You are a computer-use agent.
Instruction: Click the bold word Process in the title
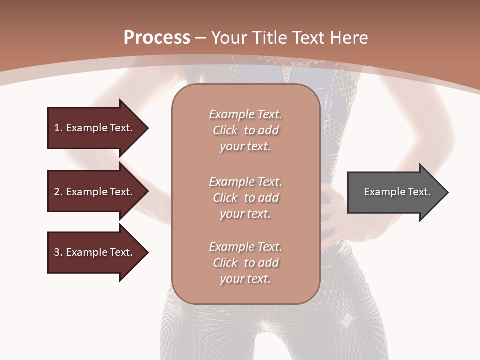[157, 38]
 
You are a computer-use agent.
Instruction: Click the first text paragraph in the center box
[245, 130]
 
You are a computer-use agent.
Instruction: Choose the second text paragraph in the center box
[245, 198]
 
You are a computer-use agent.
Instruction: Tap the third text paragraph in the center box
[245, 263]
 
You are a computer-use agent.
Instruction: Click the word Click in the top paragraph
[225, 130]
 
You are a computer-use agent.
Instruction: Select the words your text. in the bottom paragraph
[245, 279]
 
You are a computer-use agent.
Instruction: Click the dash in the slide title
[200, 38]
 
